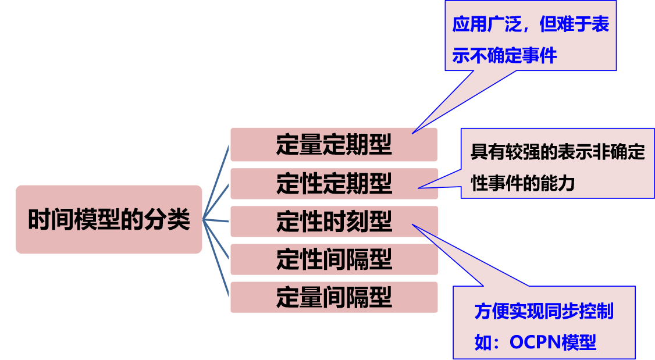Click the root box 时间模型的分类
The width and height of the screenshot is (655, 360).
(109, 219)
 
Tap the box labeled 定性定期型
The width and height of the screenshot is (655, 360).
(334, 184)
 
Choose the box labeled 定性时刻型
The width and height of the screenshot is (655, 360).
(334, 222)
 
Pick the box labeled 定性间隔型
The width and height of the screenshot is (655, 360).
(334, 259)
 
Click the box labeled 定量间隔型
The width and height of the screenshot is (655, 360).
(334, 297)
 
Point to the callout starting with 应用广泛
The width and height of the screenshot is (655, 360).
(530, 40)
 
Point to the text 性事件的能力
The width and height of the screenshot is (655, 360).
(522, 184)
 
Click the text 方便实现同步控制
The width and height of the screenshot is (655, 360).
(544, 311)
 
